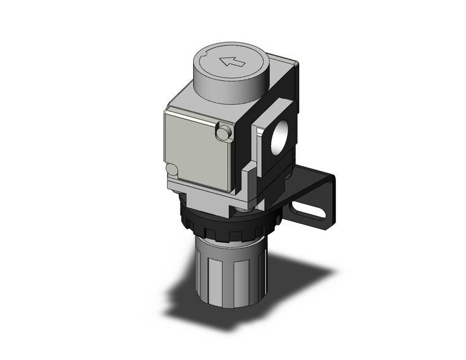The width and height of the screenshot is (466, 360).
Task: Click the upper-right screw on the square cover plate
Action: coord(224,131)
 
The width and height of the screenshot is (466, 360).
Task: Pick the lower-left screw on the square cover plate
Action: coord(173,170)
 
